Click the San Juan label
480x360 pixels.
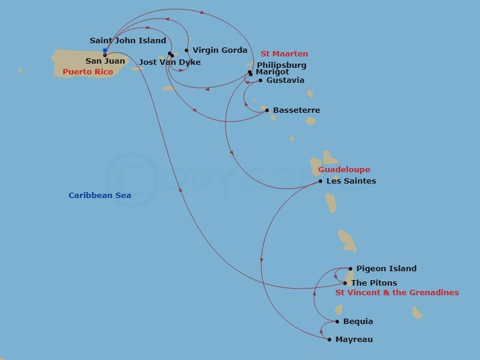[105, 61]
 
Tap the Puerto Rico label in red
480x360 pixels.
[88, 72]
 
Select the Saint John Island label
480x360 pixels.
[128, 41]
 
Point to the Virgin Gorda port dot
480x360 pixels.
[187, 50]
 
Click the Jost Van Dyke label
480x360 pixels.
[170, 62]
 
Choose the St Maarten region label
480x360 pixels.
[284, 54]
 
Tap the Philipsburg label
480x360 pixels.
[281, 65]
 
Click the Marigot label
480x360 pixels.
[272, 72]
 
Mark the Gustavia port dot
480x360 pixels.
[260, 80]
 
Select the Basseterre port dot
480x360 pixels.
[267, 110]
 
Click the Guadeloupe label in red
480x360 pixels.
[344, 170]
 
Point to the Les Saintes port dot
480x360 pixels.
[320, 181]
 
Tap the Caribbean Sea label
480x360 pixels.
[100, 196]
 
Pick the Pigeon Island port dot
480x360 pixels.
[350, 269]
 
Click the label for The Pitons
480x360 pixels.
[374, 283]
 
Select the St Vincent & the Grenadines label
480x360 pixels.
[397, 293]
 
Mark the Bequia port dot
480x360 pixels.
[337, 322]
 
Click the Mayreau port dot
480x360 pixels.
[329, 340]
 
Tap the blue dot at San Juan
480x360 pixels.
[105, 50]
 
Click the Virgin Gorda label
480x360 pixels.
[220, 50]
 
